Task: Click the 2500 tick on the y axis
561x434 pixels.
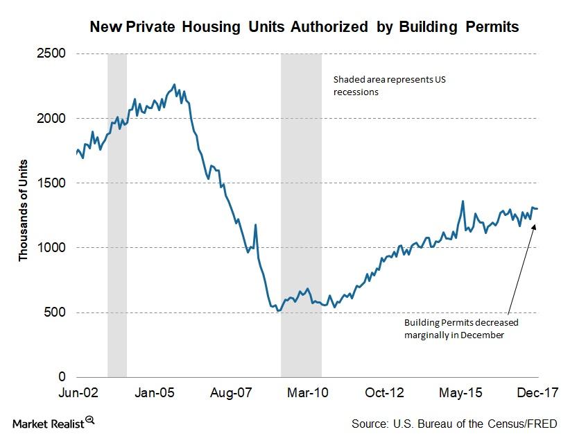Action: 53,53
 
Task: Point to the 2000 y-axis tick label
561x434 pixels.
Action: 53,118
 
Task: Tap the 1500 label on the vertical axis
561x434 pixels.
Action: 53,183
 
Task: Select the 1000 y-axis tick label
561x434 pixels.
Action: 53,247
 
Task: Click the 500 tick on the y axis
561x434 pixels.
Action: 55,312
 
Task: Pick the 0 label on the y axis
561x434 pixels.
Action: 62,376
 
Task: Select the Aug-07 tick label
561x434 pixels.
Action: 231,392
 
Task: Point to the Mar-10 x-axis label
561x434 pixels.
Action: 307,392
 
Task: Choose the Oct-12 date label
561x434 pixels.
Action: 384,392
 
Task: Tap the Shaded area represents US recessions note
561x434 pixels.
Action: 388,85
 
